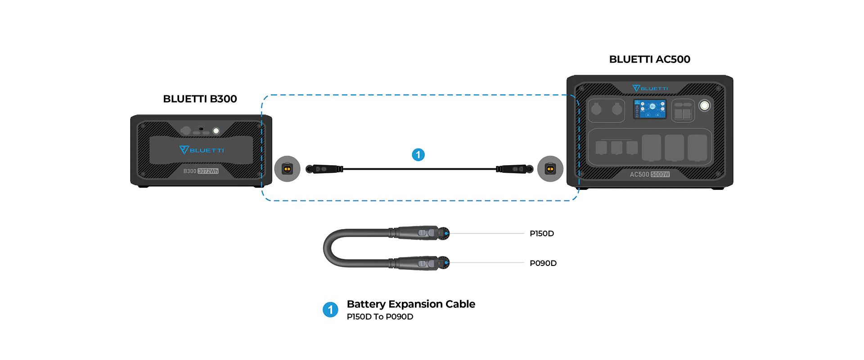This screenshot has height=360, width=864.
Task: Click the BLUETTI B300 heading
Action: pyautogui.click(x=200, y=99)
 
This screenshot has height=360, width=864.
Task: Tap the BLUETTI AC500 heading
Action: pyautogui.click(x=649, y=59)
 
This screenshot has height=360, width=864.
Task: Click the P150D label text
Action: pyautogui.click(x=541, y=234)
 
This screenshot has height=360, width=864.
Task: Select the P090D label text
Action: pyautogui.click(x=543, y=263)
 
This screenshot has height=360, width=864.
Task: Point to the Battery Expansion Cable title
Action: pyautogui.click(x=410, y=304)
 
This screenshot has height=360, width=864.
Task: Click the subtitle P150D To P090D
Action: pyautogui.click(x=380, y=317)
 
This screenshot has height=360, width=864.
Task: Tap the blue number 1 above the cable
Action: pyautogui.click(x=418, y=155)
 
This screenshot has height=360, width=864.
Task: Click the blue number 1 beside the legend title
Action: pyautogui.click(x=330, y=310)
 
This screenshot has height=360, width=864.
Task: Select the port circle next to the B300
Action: pyautogui.click(x=287, y=169)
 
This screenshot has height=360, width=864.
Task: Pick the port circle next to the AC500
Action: pyautogui.click(x=550, y=169)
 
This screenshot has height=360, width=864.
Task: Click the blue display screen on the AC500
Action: pyautogui.click(x=650, y=109)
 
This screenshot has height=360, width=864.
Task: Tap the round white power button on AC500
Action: pyautogui.click(x=704, y=105)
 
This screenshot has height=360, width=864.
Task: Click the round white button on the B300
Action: pyautogui.click(x=216, y=131)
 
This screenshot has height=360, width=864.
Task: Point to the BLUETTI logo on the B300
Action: pyautogui.click(x=201, y=150)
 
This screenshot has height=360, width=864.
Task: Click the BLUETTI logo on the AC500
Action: pyautogui.click(x=650, y=88)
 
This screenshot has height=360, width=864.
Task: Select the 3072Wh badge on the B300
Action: pyautogui.click(x=208, y=171)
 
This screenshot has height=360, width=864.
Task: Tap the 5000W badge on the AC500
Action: pyautogui.click(x=660, y=174)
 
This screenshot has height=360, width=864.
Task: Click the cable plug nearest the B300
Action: pyautogui.click(x=323, y=169)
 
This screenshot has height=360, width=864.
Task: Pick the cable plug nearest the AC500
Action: pyautogui.click(x=514, y=169)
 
